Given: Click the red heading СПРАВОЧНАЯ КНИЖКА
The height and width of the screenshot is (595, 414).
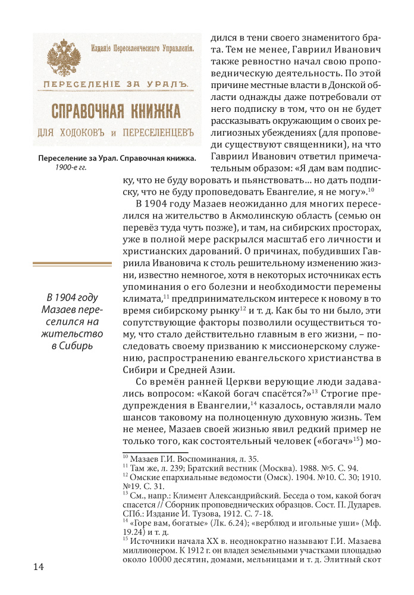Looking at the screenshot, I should [x=116, y=111].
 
